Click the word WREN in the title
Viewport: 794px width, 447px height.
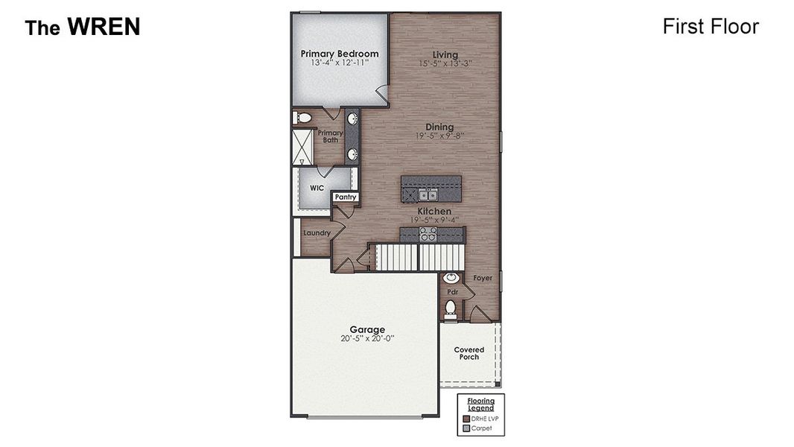(104, 28)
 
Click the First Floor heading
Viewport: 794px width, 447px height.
(710, 27)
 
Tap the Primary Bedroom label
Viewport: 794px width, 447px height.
(339, 54)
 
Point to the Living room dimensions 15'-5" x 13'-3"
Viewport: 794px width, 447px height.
(445, 64)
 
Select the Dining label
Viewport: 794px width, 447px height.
(439, 127)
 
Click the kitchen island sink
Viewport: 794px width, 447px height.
(428, 195)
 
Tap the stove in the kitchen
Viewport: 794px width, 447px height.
(428, 233)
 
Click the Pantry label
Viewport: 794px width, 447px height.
(345, 197)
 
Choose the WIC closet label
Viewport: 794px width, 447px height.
(317, 188)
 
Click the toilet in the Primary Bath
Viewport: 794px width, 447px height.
(302, 118)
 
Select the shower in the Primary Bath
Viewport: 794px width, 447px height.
(302, 147)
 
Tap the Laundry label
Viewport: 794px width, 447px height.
(317, 233)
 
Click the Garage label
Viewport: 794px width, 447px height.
(367, 329)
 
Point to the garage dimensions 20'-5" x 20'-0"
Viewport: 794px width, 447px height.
(367, 338)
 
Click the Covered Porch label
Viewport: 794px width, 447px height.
(469, 353)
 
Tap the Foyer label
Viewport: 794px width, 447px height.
(483, 278)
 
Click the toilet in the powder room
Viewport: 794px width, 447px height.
(451, 308)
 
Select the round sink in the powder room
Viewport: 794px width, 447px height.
(451, 278)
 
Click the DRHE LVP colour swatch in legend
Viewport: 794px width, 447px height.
(466, 419)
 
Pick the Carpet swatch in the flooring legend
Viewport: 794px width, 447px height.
(466, 428)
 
